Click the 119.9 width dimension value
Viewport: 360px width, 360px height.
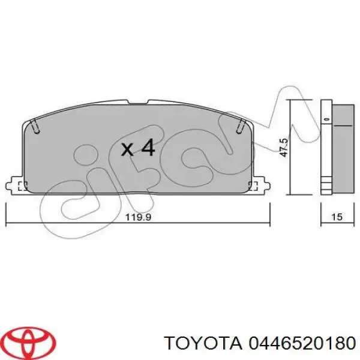(138, 217)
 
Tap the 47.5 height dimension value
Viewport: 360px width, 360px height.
(284, 148)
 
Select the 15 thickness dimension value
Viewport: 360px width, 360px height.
(337, 217)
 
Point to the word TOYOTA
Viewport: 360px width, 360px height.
(203, 344)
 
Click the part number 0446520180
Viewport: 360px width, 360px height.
(302, 344)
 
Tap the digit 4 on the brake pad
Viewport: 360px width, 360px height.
(148, 148)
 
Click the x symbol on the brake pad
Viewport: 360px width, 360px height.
(127, 149)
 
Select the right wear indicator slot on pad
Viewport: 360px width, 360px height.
(241, 127)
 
